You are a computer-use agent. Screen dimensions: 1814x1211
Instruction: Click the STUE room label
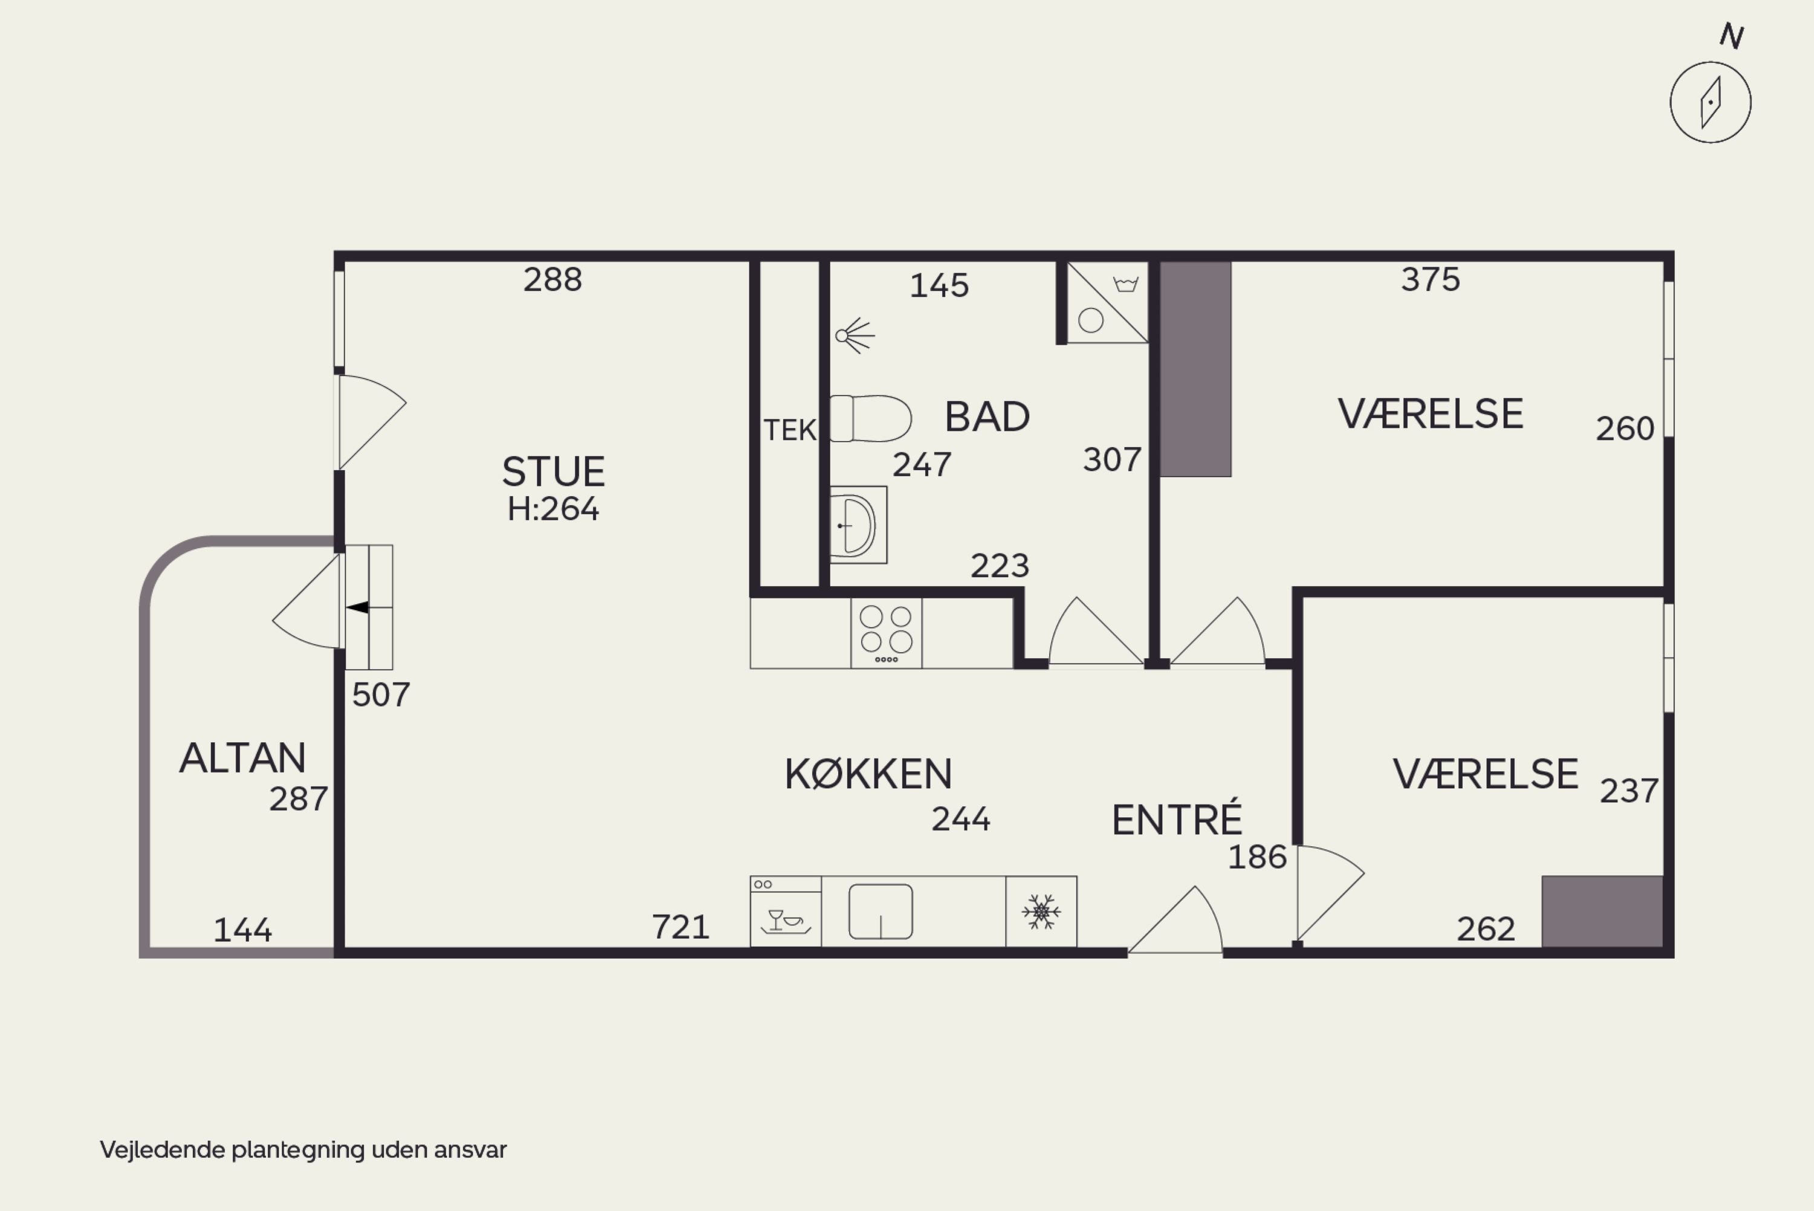pos(553,471)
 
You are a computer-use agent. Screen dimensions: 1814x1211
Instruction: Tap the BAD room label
pos(987,417)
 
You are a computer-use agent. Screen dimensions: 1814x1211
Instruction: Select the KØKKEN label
pos(868,774)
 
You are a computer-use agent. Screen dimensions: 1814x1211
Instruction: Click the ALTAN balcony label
pos(242,758)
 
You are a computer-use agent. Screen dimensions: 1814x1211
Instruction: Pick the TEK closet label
pos(790,430)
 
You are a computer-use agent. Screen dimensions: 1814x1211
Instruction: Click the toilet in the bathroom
pos(871,419)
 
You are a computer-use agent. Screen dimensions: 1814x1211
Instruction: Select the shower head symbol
pos(854,336)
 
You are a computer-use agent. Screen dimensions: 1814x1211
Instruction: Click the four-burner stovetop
pos(886,633)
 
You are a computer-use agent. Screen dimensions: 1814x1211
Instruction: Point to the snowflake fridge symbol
pos(1041,912)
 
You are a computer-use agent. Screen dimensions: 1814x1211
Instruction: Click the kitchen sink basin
pos(881,912)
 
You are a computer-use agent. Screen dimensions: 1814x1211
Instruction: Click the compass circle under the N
pos(1711,103)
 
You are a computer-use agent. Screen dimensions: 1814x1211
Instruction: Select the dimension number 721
pos(681,927)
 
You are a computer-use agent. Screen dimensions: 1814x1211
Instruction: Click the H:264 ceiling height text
pos(553,509)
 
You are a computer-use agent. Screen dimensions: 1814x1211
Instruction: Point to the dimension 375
pos(1431,279)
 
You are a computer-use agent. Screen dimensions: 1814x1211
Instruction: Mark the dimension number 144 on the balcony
pos(242,931)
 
